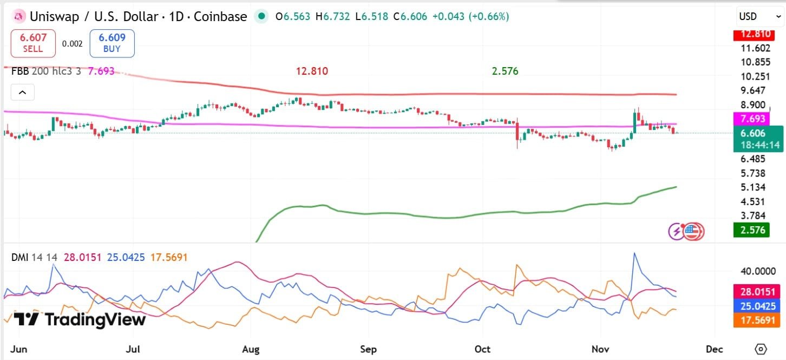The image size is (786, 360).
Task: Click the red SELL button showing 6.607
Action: point(33,43)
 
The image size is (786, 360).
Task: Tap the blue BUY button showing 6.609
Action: point(112,43)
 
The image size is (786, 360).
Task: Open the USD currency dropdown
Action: point(759,16)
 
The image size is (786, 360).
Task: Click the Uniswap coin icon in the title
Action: point(18,16)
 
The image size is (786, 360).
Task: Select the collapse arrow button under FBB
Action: point(22,92)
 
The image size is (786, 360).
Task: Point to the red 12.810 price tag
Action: point(754,35)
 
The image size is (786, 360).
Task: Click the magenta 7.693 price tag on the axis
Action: point(751,119)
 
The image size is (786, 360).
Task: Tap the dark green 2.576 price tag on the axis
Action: point(751,230)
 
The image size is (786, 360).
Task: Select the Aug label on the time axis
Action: point(251,350)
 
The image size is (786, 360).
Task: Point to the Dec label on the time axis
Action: point(715,350)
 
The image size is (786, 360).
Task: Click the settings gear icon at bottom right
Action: point(761,350)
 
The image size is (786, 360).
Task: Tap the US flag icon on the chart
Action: point(693,232)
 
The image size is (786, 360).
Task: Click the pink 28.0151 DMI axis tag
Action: point(757,292)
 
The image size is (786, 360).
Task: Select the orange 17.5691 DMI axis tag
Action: point(757,320)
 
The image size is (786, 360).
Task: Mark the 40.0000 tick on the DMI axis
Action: point(758,271)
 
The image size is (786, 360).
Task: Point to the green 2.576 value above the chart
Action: point(505,71)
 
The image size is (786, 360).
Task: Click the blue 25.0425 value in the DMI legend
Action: point(126,258)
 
